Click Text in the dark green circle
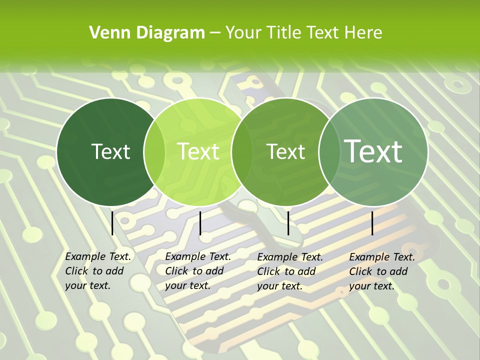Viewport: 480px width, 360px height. tap(111, 151)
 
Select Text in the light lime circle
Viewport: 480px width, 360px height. tap(198, 151)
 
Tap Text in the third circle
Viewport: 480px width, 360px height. tap(286, 151)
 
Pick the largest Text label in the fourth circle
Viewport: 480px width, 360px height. tap(373, 151)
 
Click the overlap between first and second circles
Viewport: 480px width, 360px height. tap(154, 152)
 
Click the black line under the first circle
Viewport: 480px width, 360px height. tap(112, 222)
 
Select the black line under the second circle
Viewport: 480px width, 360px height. tap(200, 223)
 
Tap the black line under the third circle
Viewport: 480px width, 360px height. tap(288, 223)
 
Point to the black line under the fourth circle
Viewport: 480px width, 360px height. tap(372, 223)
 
